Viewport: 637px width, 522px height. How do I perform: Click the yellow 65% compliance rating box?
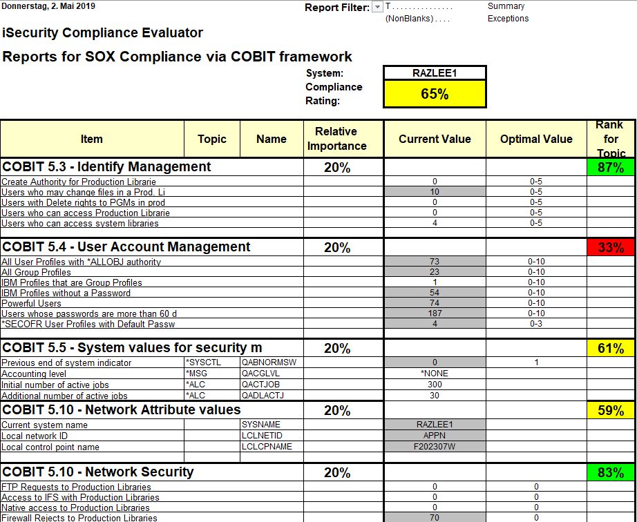(x=435, y=94)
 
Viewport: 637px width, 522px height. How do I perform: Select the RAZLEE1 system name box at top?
(x=435, y=73)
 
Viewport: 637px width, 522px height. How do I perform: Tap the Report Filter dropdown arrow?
(x=377, y=8)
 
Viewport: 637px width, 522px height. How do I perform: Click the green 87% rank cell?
(x=611, y=168)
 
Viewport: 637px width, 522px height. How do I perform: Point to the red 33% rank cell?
(x=611, y=248)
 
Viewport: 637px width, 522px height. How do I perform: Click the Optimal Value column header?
(x=536, y=139)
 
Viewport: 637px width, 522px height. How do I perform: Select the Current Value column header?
(x=435, y=139)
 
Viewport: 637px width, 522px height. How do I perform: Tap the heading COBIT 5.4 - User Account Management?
(x=126, y=247)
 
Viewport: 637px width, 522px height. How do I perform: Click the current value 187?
(x=435, y=313)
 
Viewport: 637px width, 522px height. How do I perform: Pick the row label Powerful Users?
(x=31, y=303)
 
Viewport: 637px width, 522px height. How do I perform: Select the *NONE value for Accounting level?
(x=435, y=374)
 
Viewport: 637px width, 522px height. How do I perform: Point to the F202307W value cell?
(x=435, y=447)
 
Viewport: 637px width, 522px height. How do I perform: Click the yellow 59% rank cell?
(x=611, y=411)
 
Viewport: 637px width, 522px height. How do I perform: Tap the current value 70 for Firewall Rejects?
(x=435, y=518)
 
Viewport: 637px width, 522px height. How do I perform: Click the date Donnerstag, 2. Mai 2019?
(x=49, y=6)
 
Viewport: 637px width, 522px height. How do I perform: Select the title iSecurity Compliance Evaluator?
(x=103, y=32)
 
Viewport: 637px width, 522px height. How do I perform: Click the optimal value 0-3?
(x=536, y=324)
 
